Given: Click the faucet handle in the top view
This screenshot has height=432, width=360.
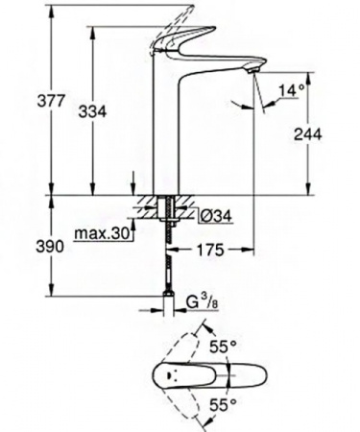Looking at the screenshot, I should [206, 373].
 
